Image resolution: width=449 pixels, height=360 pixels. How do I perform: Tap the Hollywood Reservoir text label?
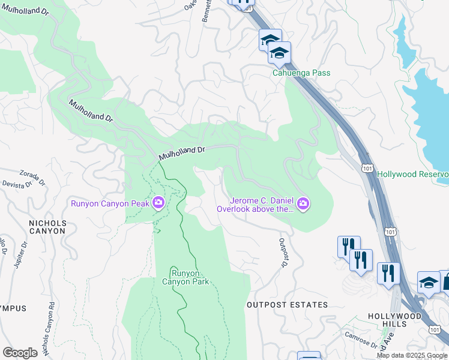412,174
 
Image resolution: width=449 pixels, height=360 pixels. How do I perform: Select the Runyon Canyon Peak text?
110,203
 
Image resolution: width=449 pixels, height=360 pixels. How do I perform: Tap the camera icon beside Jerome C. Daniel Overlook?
304,205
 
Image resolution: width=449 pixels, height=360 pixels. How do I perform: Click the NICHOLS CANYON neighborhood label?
47,227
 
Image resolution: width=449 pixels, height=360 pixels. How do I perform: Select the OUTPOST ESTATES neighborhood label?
287,305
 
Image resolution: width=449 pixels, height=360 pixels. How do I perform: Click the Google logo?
20,353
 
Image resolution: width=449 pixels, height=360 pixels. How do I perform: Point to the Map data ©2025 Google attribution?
412,355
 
